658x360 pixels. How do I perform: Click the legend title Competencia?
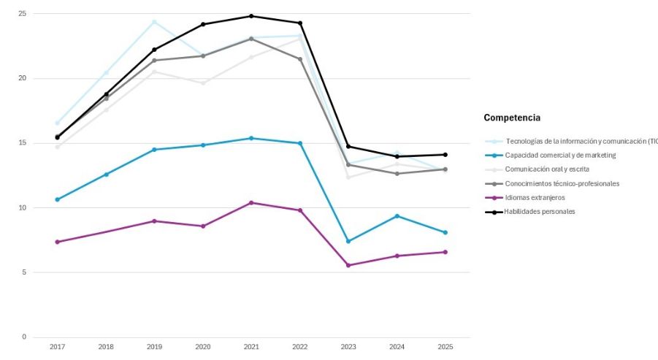(512, 118)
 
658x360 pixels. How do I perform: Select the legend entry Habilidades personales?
(540, 212)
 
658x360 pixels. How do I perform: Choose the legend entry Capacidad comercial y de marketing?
(559, 156)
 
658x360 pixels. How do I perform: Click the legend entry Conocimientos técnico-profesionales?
(562, 183)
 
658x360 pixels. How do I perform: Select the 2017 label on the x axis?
(57, 347)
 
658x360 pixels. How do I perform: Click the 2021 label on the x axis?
(251, 347)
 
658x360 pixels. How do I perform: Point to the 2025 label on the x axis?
(445, 347)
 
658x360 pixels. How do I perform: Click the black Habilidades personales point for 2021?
(251, 16)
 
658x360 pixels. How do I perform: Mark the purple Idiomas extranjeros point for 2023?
(348, 265)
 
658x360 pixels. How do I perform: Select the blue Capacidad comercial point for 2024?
(397, 216)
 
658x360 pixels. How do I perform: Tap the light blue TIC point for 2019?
(154, 22)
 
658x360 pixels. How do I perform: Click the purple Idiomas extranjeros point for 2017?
(57, 242)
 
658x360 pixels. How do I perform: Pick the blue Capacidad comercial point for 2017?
(57, 199)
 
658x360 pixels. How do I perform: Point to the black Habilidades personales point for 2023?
(348, 147)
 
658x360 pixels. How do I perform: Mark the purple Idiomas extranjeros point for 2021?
(251, 203)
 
